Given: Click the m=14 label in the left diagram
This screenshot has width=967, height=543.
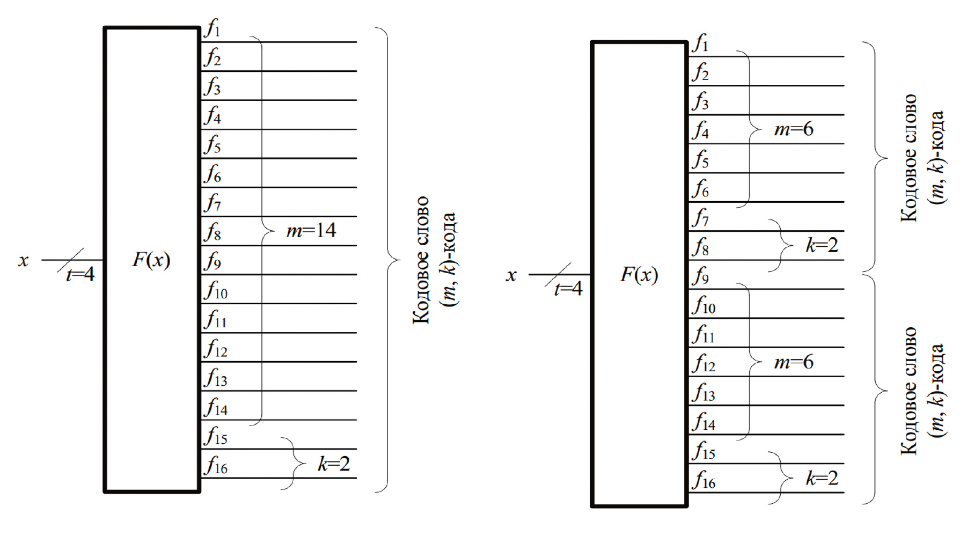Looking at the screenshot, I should click(x=311, y=231).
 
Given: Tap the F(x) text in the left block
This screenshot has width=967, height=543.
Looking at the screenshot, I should click(x=151, y=260).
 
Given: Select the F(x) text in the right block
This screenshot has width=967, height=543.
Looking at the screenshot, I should click(x=639, y=274).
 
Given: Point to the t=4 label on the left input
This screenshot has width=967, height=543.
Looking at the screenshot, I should click(x=80, y=274).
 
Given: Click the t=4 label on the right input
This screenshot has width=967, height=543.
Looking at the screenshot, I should click(x=568, y=289).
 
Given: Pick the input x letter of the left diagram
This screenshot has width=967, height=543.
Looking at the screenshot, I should click(x=23, y=261).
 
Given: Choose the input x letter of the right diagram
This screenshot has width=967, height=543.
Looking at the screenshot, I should click(x=511, y=275).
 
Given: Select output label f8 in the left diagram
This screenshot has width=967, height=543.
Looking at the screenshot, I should click(x=213, y=232).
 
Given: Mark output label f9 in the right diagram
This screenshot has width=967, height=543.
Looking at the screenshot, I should click(x=701, y=276).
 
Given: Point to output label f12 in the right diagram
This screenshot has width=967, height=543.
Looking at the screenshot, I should click(x=704, y=363).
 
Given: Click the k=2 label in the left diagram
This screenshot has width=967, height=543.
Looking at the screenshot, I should click(x=333, y=464).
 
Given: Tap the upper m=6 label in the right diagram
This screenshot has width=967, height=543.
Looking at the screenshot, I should click(x=794, y=129).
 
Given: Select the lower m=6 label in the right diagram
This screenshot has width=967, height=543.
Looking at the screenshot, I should click(x=794, y=362).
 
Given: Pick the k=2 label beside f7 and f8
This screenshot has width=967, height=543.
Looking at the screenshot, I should click(x=822, y=245).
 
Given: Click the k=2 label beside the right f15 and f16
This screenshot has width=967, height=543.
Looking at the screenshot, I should click(x=822, y=478).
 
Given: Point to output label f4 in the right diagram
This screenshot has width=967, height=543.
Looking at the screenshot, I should click(x=701, y=130).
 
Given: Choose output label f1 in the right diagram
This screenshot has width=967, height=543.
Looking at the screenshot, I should click(x=700, y=42).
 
